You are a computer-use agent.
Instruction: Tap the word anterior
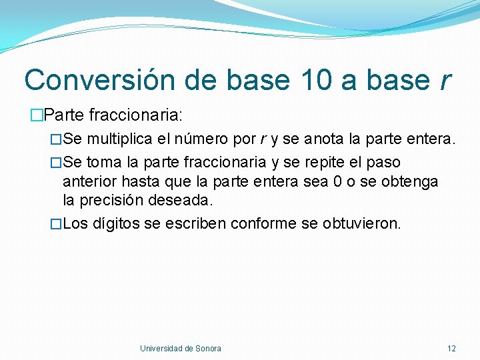click(x=89, y=181)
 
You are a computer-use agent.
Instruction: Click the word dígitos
click(x=116, y=223)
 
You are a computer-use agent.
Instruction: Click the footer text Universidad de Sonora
click(x=181, y=349)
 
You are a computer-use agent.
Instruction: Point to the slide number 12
click(x=451, y=349)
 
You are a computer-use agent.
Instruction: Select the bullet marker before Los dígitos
click(x=56, y=223)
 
